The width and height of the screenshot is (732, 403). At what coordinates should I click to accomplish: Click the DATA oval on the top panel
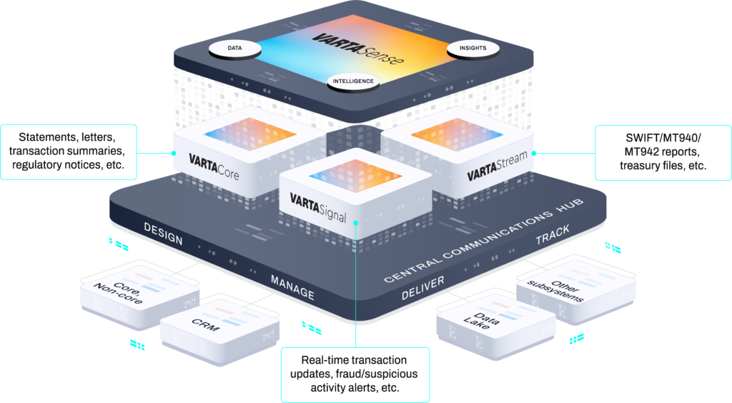pyautogui.click(x=234, y=49)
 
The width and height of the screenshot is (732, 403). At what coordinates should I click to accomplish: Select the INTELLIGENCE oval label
pyautogui.click(x=353, y=81)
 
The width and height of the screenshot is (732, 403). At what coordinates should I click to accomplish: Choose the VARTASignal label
pyautogui.click(x=318, y=207)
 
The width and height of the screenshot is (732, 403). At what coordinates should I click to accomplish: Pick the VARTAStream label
pyautogui.click(x=496, y=169)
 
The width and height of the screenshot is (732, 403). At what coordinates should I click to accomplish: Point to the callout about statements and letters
pyautogui.click(x=69, y=151)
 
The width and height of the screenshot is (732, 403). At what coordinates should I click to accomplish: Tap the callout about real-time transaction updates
pyautogui.click(x=355, y=374)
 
